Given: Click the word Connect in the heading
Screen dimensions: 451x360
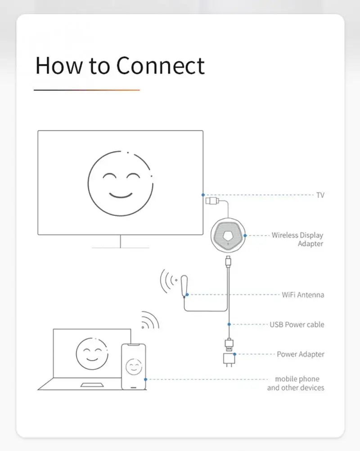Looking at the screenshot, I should tap(160, 66).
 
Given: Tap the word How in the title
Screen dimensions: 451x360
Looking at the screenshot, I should tap(59, 66).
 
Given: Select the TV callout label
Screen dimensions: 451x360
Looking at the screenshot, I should tap(320, 195).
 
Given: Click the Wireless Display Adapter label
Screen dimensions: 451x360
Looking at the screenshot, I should tap(297, 239).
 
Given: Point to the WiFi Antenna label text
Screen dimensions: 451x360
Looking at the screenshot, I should tap(303, 295).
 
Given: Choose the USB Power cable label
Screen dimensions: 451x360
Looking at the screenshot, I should tap(297, 325).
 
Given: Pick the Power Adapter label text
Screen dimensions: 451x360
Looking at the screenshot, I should tap(300, 354).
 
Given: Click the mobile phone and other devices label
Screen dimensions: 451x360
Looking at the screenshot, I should tap(296, 383).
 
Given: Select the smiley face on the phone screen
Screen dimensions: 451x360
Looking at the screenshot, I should tap(134, 366).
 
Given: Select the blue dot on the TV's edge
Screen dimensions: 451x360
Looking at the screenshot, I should tap(203, 195).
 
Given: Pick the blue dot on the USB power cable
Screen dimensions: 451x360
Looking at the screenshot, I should tap(229, 324).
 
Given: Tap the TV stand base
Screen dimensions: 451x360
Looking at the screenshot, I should tap(120, 247).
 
